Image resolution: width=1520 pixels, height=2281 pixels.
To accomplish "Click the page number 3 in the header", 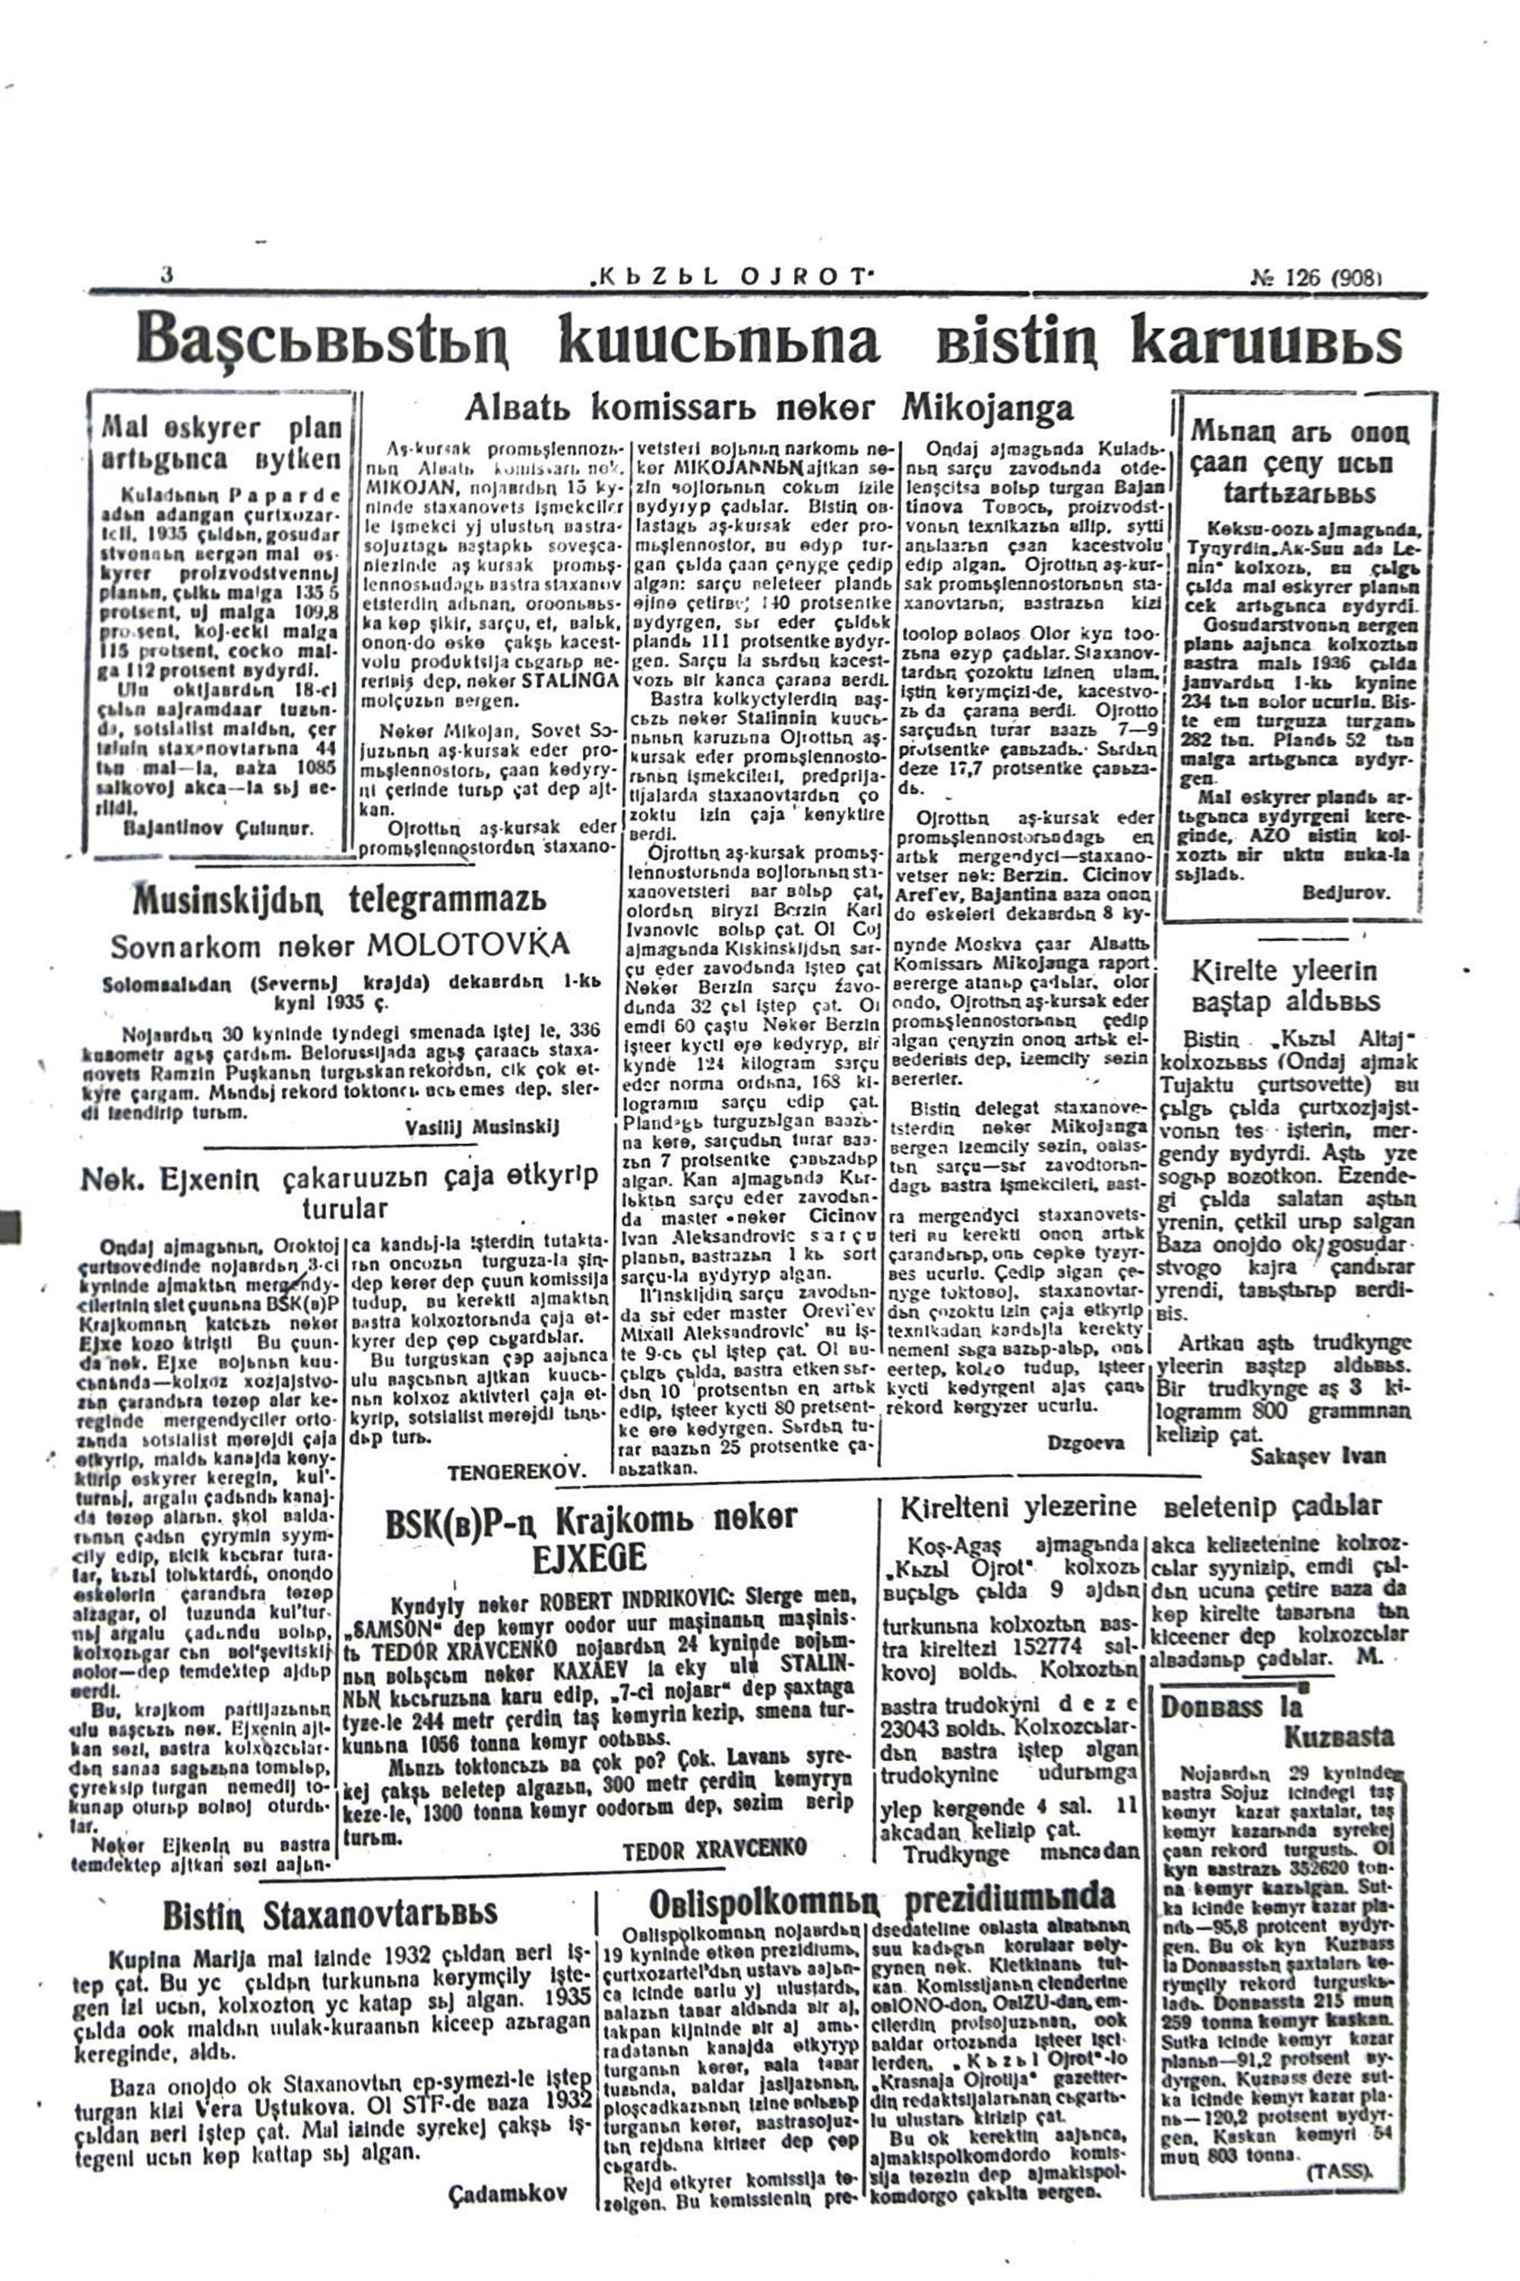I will pos(166,274).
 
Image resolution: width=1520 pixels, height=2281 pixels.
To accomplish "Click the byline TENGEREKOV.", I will pos(518,1472).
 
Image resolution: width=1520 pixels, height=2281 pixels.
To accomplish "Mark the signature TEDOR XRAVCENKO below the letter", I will pos(714,1848).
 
